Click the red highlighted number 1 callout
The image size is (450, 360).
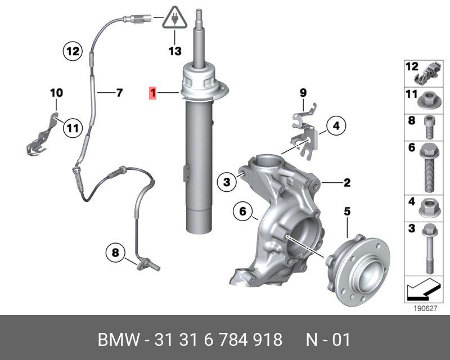[x=153, y=93]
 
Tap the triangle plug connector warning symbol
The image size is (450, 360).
[x=174, y=18]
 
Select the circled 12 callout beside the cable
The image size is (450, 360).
[x=73, y=51]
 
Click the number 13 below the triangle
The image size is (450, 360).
[x=175, y=51]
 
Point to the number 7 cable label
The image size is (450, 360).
[x=119, y=92]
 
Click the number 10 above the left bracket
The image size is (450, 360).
[x=57, y=93]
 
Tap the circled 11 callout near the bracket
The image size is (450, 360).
[x=73, y=128]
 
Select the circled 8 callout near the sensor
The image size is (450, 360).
[x=115, y=253]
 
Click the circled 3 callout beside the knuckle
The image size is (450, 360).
[x=227, y=182]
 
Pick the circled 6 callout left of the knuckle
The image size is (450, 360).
[x=243, y=211]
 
